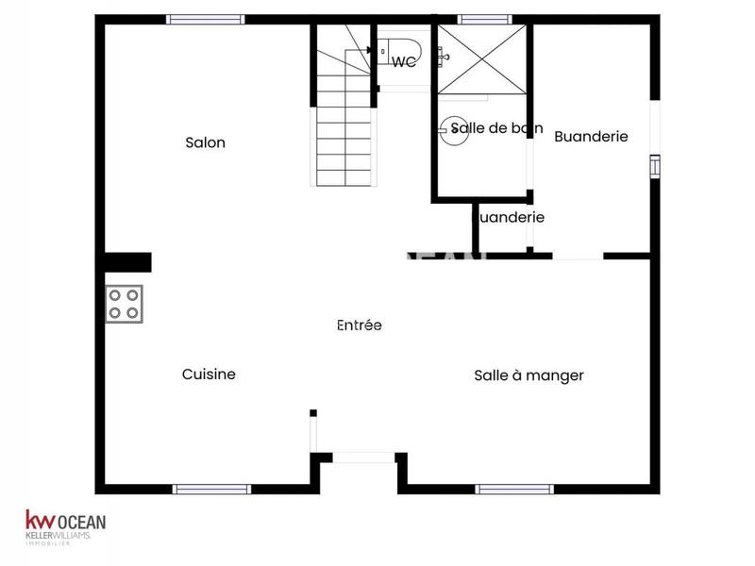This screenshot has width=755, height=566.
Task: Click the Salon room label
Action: (x=205, y=143)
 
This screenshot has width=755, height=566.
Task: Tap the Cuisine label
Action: (x=209, y=375)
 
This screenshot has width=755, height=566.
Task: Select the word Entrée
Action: (x=360, y=325)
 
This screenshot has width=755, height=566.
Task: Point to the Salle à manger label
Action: (x=528, y=375)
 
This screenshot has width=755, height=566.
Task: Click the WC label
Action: (x=404, y=62)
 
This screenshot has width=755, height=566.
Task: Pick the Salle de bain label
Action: (x=496, y=128)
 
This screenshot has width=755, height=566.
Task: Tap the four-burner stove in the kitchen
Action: (x=125, y=304)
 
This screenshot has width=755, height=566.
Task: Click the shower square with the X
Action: (x=482, y=59)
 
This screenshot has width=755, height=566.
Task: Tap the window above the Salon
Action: (x=206, y=19)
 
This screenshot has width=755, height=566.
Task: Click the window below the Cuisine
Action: (x=211, y=489)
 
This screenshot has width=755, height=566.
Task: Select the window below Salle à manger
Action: (x=513, y=489)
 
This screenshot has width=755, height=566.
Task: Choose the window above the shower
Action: (x=485, y=19)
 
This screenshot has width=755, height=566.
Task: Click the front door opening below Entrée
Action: (x=363, y=458)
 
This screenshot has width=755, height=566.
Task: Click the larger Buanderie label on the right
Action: (x=591, y=137)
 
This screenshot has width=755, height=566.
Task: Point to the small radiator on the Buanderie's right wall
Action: (x=654, y=166)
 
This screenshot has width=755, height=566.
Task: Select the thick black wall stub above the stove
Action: (x=127, y=261)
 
